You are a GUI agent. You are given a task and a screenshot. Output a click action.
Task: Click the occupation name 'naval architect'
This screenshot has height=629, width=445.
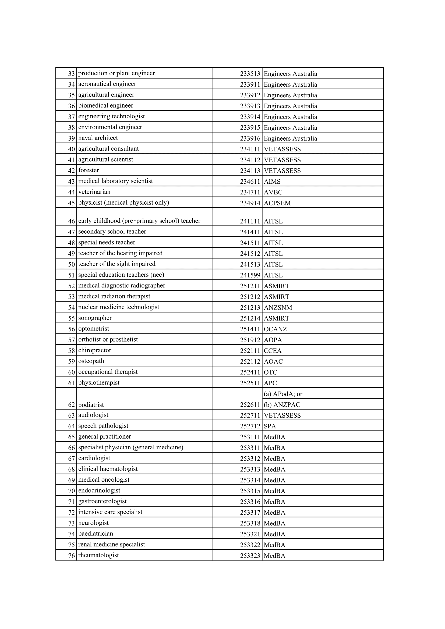[98, 138]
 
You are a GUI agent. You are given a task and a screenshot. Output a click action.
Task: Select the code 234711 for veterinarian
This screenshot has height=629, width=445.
[250, 192]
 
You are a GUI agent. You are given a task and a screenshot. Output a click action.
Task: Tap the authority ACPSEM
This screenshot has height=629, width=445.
[277, 203]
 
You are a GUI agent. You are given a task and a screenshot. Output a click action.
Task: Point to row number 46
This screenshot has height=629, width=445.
[72, 221]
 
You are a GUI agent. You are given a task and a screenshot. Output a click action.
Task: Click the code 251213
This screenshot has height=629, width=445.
[250, 308]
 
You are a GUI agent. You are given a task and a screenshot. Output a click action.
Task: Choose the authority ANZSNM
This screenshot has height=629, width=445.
[278, 308]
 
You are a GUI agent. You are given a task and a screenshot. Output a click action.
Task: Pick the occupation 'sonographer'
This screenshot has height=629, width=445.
[95, 318]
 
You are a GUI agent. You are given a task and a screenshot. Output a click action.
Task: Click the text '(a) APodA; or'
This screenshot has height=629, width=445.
[283, 394]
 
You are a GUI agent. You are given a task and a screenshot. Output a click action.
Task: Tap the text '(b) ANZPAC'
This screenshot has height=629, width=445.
[282, 405]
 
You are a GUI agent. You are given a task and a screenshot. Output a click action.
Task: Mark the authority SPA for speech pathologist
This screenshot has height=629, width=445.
[270, 426]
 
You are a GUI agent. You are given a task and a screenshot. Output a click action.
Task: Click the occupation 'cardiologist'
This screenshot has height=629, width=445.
[94, 458]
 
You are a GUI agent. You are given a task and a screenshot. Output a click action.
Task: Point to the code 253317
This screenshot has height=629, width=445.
[250, 513]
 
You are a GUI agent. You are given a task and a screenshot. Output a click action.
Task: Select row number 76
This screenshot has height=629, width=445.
[72, 556]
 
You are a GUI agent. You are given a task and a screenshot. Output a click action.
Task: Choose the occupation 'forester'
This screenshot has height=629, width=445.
[89, 170]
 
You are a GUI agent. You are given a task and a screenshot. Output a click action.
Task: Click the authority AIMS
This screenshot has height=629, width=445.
[272, 181]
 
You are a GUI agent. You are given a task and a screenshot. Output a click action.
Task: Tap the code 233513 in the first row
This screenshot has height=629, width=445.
[250, 74]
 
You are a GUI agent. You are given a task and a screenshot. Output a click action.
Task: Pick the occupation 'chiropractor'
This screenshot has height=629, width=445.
[94, 350]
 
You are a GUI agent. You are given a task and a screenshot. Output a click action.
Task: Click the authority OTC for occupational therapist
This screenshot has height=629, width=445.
[270, 372]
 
